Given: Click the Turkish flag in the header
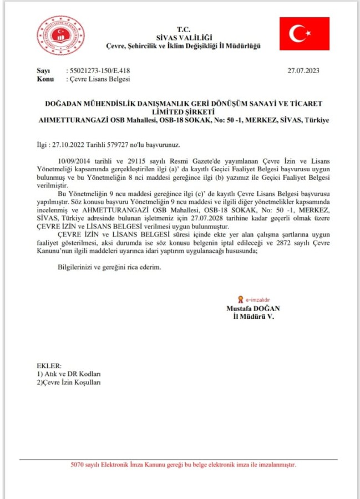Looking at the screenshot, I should (304, 34).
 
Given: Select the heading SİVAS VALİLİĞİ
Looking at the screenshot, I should (184, 37).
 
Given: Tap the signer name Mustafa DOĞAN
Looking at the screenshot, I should (252, 308).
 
